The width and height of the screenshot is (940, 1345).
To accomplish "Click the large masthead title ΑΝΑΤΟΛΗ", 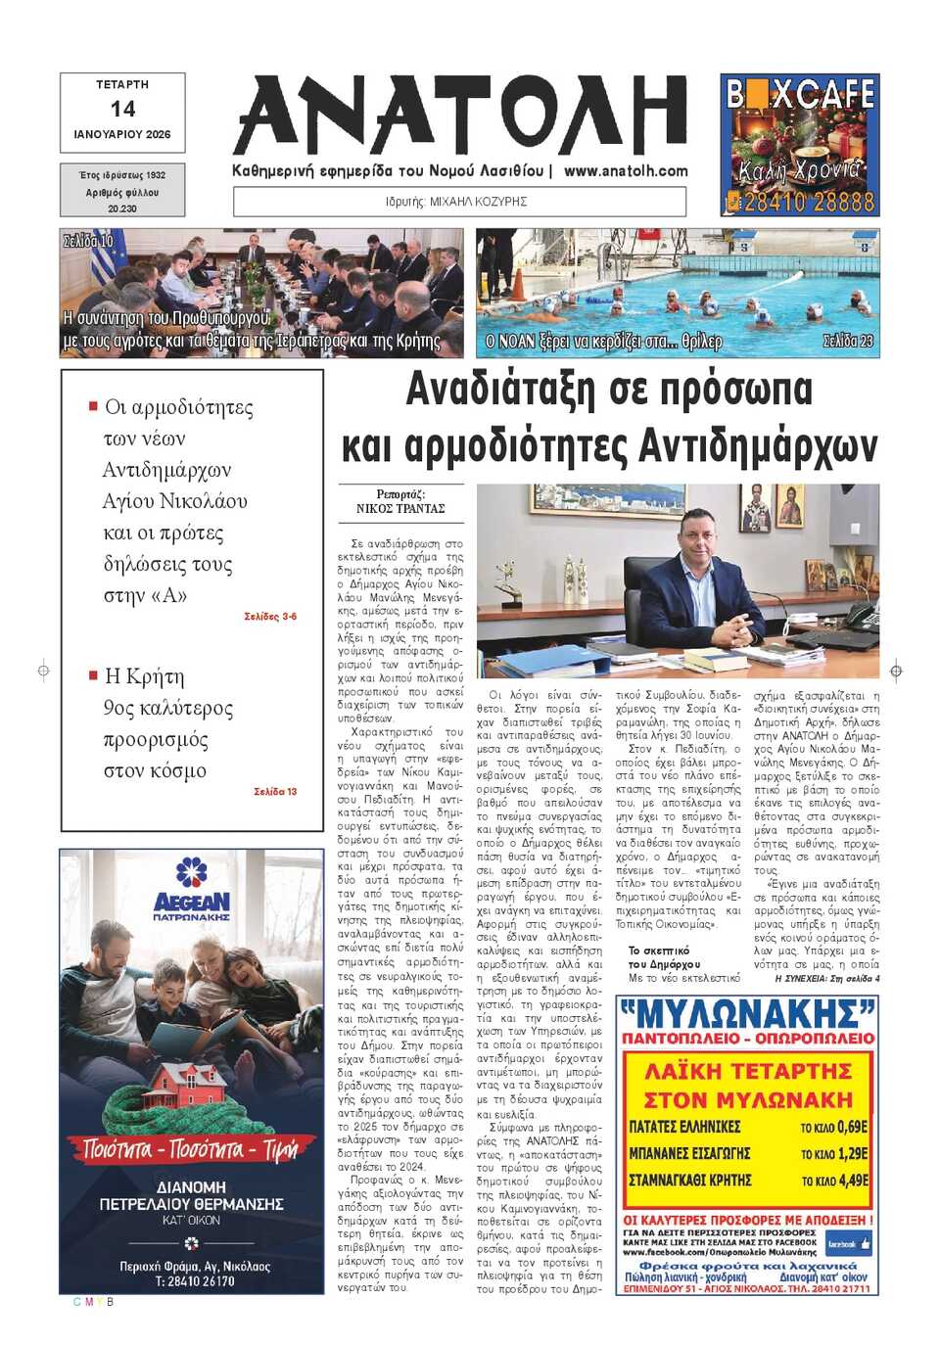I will pyautogui.click(x=460, y=116).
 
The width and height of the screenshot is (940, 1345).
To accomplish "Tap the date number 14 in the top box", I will pyautogui.click(x=122, y=109).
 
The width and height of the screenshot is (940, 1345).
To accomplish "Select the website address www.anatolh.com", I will pyautogui.click(x=626, y=170).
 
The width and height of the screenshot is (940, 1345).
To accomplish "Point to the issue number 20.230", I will pyautogui.click(x=122, y=209).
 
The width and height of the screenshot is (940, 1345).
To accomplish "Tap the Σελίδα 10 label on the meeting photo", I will pyautogui.click(x=88, y=241).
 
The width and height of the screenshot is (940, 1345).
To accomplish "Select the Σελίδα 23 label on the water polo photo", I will pyautogui.click(x=848, y=341).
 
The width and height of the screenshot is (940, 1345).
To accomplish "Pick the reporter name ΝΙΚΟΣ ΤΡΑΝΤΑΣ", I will pyautogui.click(x=400, y=509).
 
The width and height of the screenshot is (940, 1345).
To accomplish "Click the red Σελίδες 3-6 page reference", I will pyautogui.click(x=270, y=617).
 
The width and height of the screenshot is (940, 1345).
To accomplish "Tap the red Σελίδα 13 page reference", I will pyautogui.click(x=275, y=791).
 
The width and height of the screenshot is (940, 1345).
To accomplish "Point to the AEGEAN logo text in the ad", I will pyautogui.click(x=192, y=902).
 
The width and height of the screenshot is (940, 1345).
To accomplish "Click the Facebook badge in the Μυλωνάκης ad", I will pyautogui.click(x=848, y=1244).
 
